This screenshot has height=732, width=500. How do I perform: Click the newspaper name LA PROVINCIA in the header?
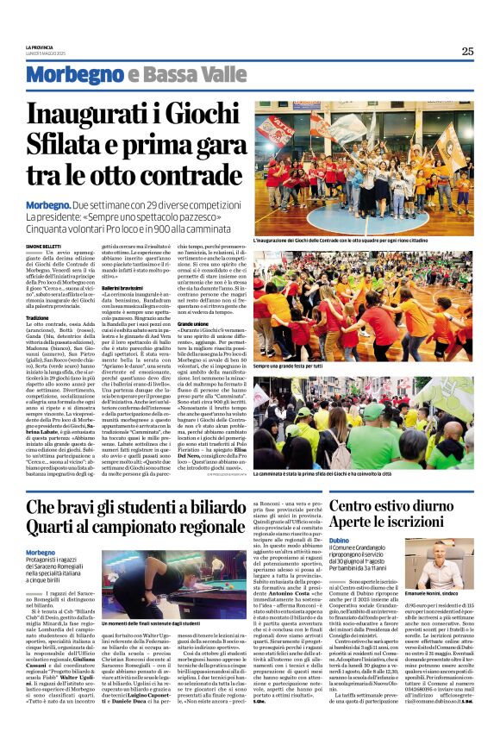click(x=41, y=47)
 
